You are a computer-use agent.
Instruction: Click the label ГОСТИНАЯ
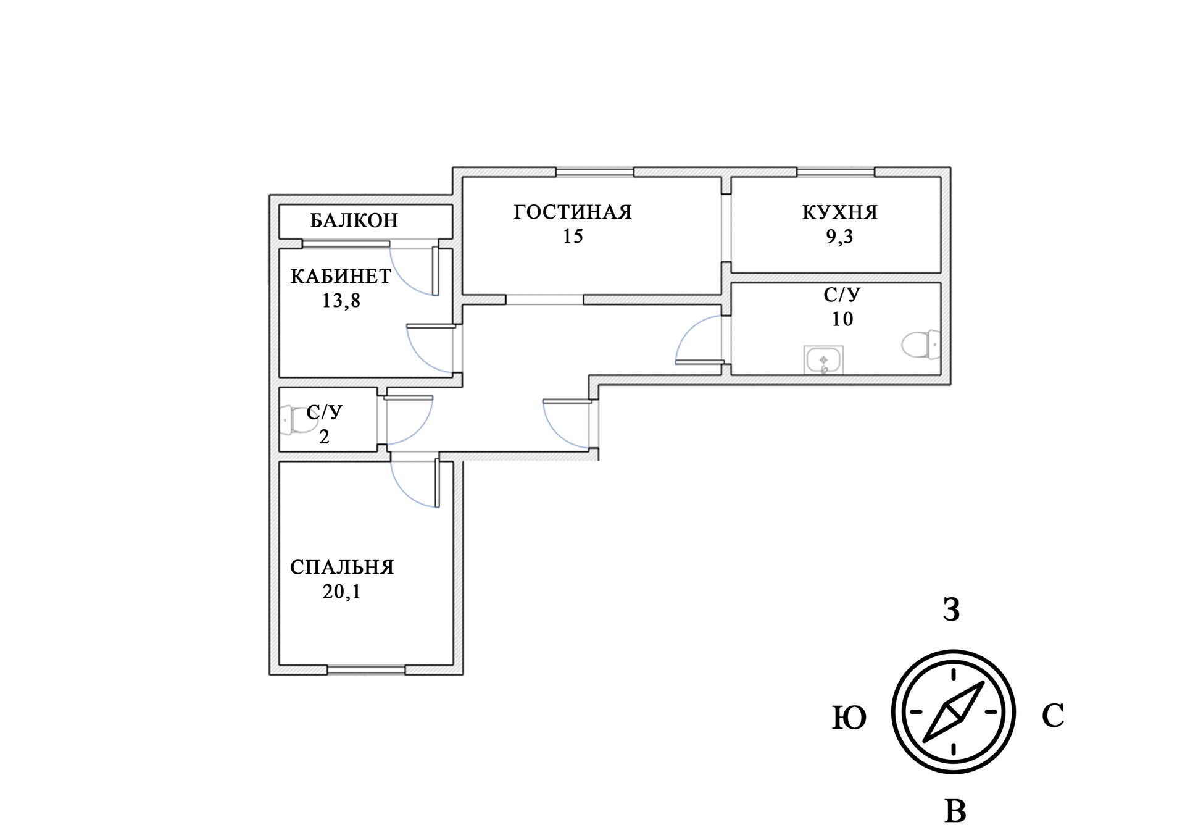point(573,212)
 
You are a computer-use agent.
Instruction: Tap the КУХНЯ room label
point(839,212)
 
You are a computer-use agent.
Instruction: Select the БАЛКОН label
point(354,220)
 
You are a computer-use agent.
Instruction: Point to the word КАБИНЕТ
point(341,276)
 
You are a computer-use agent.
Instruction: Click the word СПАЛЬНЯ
point(342,567)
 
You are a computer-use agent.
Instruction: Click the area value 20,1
point(341,592)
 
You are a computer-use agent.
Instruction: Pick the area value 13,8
point(341,301)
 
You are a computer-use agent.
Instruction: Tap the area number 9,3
point(839,237)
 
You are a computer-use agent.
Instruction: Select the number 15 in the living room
point(573,237)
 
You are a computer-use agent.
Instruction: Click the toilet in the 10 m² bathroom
point(920,344)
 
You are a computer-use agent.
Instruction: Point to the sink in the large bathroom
point(823,359)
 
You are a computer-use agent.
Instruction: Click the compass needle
point(954,711)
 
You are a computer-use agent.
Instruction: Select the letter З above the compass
point(951,610)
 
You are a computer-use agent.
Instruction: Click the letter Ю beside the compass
point(849,718)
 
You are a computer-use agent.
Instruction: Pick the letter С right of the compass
point(1052,716)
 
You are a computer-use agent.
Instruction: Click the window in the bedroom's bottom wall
point(366,669)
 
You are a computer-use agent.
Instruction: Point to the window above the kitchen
point(836,172)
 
